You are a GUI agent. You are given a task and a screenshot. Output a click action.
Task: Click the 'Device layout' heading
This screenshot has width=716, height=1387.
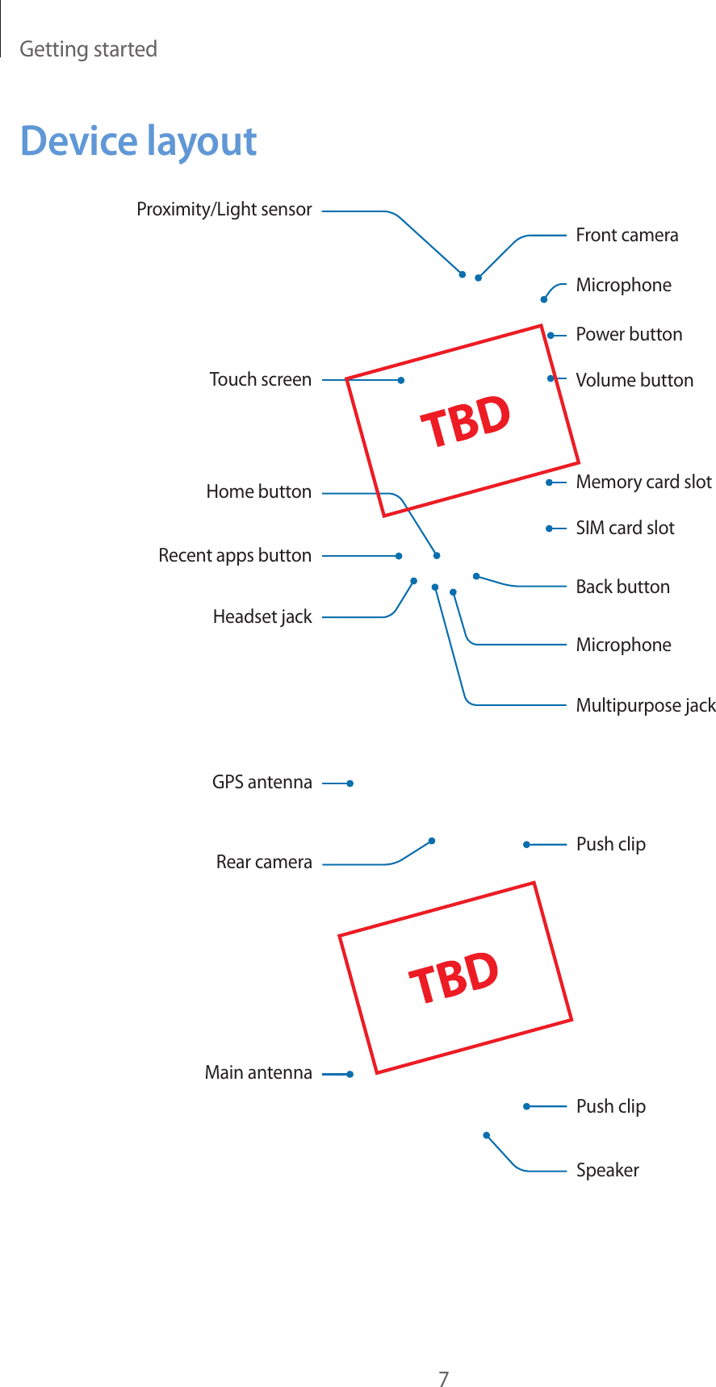[x=138, y=142]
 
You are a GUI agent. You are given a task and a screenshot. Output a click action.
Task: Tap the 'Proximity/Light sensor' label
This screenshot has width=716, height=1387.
[x=224, y=210]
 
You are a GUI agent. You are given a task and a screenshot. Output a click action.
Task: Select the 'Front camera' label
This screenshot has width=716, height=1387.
[x=626, y=236]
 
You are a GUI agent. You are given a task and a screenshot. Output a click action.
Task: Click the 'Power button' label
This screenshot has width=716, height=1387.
[x=629, y=334]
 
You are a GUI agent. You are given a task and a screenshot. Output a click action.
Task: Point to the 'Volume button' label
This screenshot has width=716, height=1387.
[x=634, y=380]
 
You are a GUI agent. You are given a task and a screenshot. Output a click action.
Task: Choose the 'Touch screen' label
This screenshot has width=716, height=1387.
[x=260, y=379]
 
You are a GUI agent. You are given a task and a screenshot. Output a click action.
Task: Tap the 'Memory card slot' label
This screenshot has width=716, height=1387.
[x=643, y=483]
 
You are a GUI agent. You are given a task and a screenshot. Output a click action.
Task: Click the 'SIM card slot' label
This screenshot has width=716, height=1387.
[x=625, y=528]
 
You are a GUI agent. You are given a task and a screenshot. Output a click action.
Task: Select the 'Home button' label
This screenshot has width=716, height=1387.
[x=258, y=491]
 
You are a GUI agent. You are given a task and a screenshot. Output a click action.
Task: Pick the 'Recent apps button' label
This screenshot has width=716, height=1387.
[x=234, y=555]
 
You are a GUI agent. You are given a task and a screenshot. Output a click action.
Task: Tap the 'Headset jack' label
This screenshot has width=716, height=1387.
[x=262, y=617]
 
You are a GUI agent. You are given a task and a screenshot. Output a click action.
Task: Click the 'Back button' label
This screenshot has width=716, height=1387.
[x=622, y=587]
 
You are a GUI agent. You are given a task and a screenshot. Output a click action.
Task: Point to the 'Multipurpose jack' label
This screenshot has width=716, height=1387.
[x=645, y=706]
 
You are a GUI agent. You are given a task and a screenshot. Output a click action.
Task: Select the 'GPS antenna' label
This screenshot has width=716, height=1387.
[x=262, y=782]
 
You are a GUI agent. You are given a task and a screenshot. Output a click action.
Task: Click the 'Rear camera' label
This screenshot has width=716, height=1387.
[x=264, y=863]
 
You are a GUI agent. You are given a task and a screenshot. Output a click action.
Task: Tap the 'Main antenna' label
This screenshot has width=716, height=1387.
[x=258, y=1072]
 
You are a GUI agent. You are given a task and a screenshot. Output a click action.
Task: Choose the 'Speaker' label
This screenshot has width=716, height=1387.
[x=607, y=1170]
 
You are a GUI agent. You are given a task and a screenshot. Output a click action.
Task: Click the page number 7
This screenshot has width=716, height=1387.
[x=443, y=1356]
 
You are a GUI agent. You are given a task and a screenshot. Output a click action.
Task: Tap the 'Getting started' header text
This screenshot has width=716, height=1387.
[x=88, y=49]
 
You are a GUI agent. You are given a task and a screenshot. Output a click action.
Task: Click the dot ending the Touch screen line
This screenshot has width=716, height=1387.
[x=400, y=380]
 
